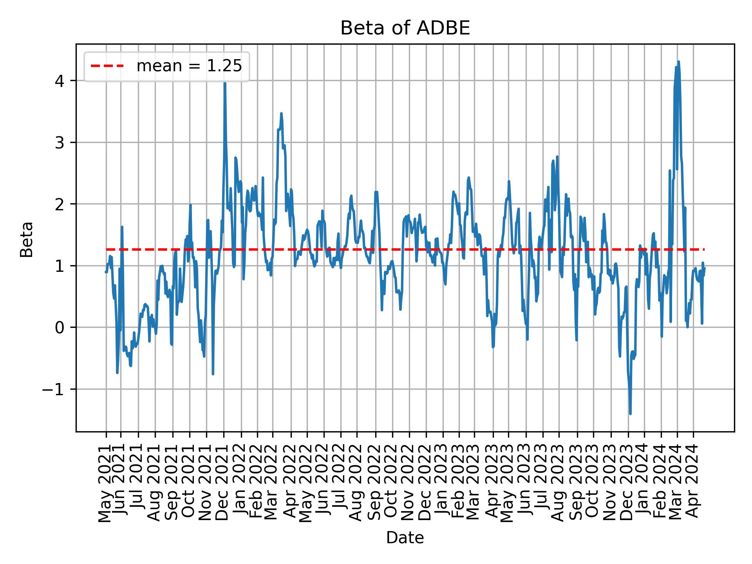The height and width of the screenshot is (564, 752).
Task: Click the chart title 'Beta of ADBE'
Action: click(405, 28)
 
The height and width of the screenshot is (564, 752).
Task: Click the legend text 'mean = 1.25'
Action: click(189, 66)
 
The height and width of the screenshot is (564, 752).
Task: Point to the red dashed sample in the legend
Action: click(107, 66)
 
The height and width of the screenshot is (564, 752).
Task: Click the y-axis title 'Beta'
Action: click(27, 239)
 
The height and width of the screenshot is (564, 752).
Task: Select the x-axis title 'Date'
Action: click(405, 538)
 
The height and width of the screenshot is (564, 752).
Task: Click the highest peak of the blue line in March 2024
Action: click(678, 62)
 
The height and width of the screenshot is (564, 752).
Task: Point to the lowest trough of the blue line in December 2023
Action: click(630, 414)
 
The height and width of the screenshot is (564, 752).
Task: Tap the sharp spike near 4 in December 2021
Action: click(225, 83)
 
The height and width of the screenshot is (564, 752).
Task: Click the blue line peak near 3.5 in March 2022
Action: click(281, 114)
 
